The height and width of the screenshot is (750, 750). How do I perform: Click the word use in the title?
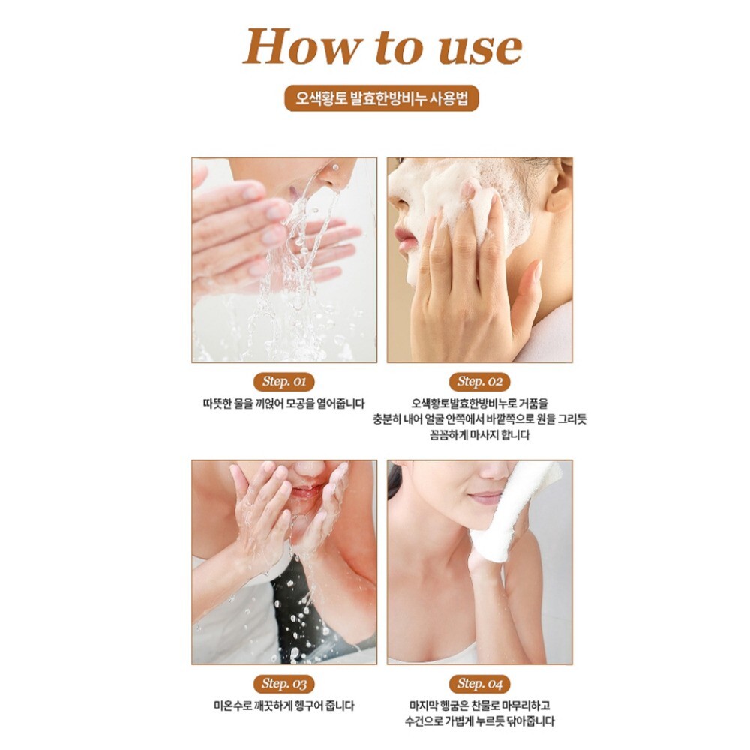[480, 48]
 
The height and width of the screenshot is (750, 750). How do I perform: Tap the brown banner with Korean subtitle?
[382, 98]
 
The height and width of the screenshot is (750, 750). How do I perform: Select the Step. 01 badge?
[283, 382]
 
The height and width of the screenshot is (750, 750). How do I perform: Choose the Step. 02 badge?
[480, 382]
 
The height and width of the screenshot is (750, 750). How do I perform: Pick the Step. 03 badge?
[283, 683]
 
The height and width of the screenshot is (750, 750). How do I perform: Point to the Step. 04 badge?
[480, 683]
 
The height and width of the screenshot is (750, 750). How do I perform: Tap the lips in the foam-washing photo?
[403, 239]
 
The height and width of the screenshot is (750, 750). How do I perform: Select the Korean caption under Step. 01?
[283, 403]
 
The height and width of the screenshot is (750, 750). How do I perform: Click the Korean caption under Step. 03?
[283, 706]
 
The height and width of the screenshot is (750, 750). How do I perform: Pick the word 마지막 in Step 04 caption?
[424, 706]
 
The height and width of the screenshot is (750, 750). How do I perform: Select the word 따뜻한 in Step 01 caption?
[217, 403]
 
